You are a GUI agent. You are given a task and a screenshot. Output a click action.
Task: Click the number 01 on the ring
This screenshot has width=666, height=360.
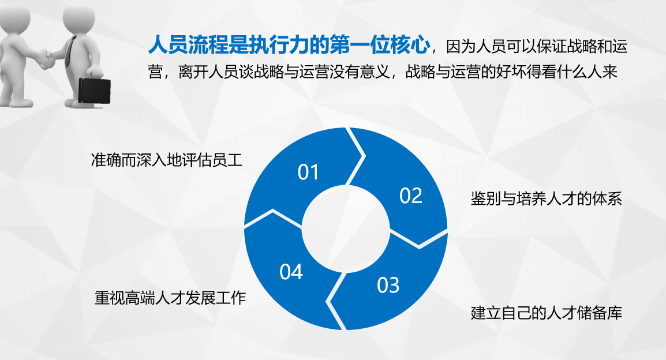[308, 172]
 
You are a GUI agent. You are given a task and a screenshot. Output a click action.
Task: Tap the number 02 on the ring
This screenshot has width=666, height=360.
[411, 196]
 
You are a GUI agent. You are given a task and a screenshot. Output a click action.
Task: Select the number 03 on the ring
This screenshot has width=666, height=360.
[388, 285]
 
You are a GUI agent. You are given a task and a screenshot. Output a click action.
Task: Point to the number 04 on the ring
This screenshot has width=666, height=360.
[291, 272]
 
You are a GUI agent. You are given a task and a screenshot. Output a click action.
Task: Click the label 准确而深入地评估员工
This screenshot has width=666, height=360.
[166, 160]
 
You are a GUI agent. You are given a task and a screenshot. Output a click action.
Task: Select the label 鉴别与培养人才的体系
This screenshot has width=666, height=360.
[546, 198]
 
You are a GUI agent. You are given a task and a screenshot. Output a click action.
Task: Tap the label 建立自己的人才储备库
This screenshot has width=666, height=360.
[546, 313]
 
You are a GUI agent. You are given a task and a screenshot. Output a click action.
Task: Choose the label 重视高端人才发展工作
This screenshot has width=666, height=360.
[170, 298]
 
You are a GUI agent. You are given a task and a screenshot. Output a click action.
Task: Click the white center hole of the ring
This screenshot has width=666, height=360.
[346, 228]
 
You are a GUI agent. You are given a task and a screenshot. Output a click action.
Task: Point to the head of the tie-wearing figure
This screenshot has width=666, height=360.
[79, 17]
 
